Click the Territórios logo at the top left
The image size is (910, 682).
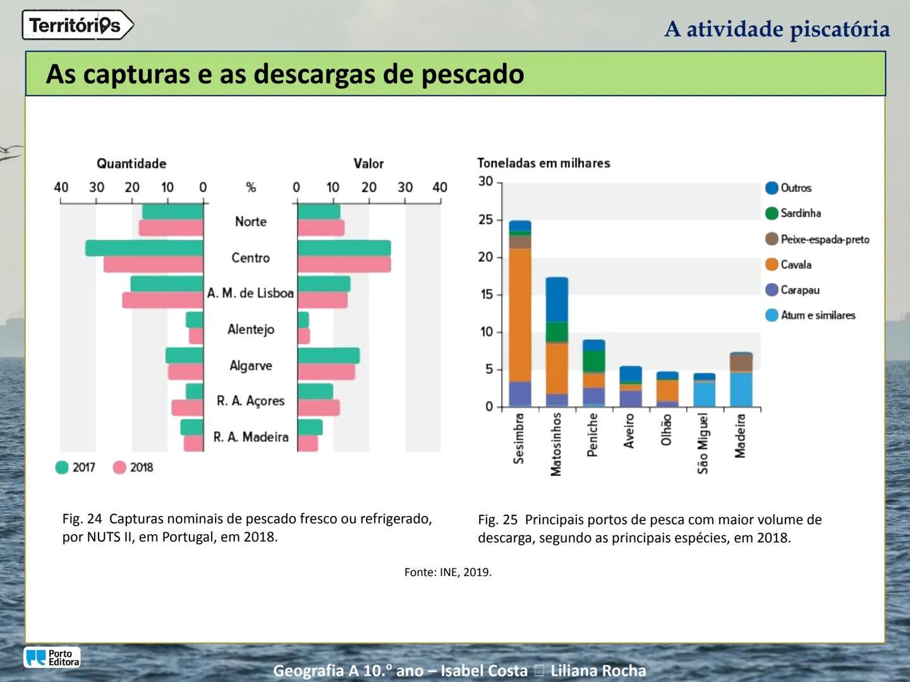(x=77, y=25)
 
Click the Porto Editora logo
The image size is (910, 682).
(x=52, y=657)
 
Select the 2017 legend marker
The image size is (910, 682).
(x=62, y=467)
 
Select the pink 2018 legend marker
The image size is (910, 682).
(x=119, y=467)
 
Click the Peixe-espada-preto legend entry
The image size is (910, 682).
(x=816, y=239)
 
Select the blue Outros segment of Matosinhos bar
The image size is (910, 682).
(x=557, y=299)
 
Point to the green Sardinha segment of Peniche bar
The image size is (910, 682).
(x=593, y=361)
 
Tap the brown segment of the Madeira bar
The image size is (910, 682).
(x=741, y=362)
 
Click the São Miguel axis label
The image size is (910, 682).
(x=703, y=443)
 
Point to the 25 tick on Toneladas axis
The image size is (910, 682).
(x=485, y=220)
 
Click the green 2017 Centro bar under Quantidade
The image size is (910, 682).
(x=144, y=248)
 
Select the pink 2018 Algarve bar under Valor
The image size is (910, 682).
(x=326, y=372)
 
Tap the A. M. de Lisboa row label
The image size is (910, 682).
(x=250, y=293)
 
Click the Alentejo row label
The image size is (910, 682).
(x=251, y=329)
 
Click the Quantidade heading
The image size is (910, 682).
(x=131, y=164)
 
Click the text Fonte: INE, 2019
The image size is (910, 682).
(x=447, y=572)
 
